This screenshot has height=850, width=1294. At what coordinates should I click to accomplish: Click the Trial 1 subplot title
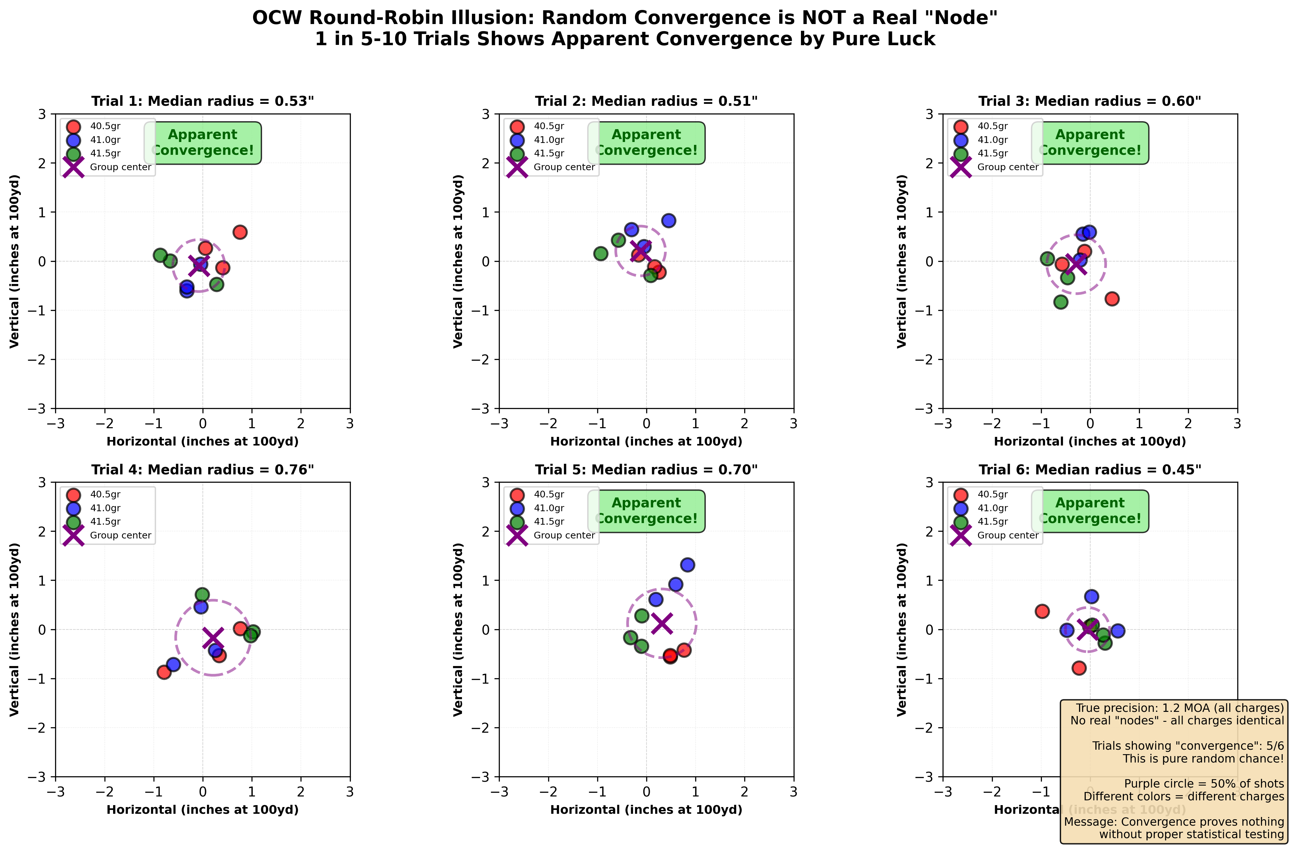202,101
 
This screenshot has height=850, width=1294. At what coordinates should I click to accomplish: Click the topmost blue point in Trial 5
687,564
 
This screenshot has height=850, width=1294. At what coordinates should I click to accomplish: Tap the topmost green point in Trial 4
202,595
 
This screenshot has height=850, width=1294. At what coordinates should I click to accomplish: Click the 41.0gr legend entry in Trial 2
548,140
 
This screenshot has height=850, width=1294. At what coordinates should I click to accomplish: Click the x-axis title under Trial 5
646,810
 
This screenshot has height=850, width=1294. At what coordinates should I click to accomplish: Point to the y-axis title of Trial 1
15,261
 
